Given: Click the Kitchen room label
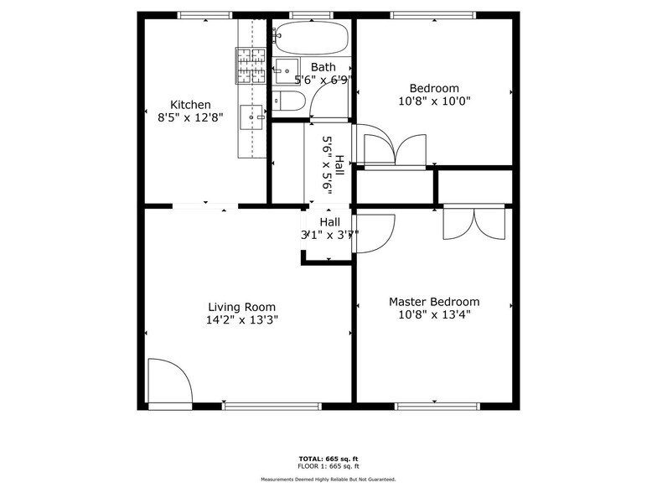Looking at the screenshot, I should (x=190, y=105).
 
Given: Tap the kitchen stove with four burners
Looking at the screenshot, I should (x=251, y=66).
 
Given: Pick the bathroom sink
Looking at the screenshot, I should (x=287, y=69).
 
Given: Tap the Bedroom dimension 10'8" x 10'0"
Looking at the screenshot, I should (x=433, y=101).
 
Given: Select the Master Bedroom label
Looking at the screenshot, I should (x=433, y=302).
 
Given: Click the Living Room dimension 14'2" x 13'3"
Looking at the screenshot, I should (x=241, y=319).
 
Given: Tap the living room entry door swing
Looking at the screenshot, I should (x=169, y=381).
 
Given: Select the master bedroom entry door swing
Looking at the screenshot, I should (x=374, y=233).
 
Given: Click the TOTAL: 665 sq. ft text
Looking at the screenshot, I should (x=328, y=459).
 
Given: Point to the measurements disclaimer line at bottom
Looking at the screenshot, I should (x=328, y=480).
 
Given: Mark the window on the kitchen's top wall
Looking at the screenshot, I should (x=204, y=15).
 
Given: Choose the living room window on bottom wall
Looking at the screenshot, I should (x=272, y=407).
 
